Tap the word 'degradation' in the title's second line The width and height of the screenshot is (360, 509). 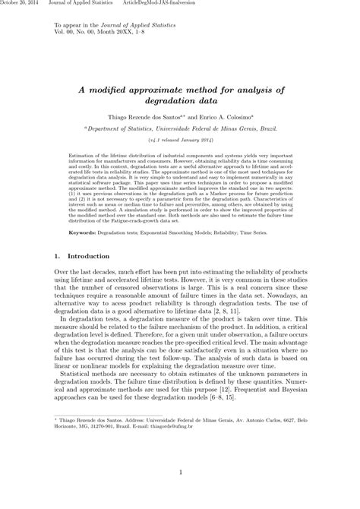[166, 100]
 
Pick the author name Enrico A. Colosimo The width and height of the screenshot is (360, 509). [226, 118]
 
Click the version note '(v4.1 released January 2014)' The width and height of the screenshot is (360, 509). [180, 141]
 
